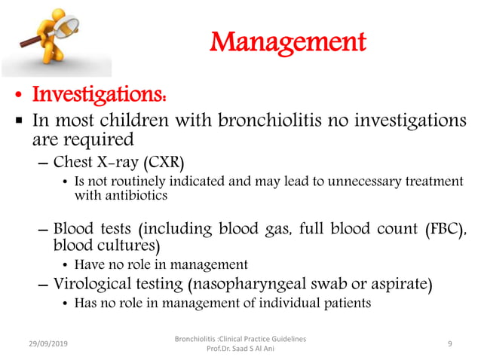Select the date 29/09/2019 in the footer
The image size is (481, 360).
coord(44,343)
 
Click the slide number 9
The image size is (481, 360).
coord(449,343)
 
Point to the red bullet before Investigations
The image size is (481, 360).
coord(17,97)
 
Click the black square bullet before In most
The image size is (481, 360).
coord(17,122)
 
